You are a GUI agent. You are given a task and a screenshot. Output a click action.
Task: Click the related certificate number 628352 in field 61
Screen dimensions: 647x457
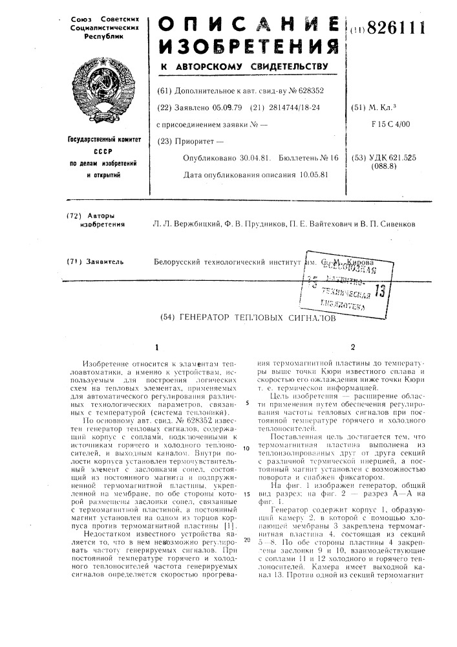[x=306, y=91]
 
